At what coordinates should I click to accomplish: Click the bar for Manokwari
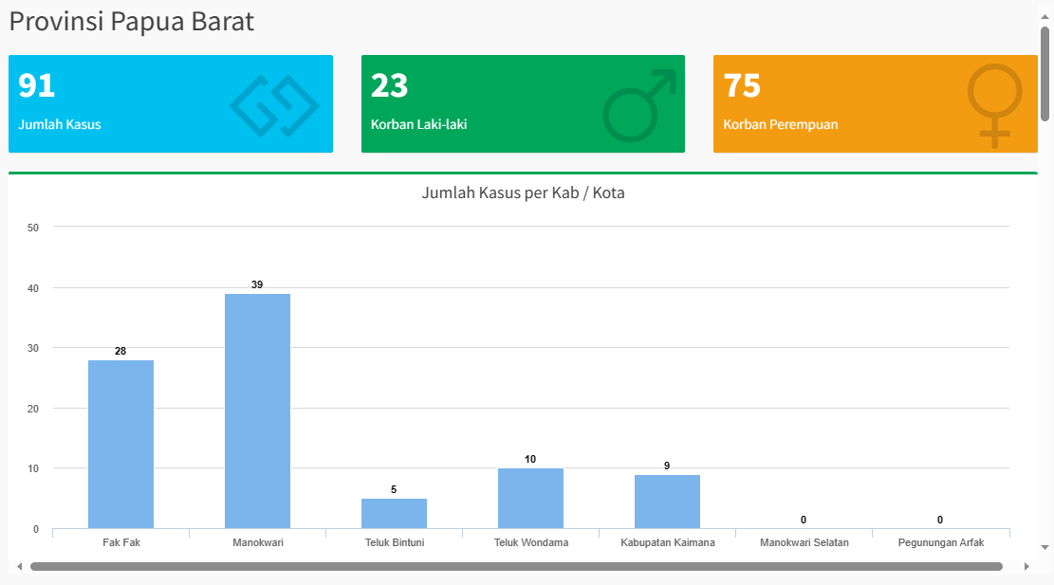pyautogui.click(x=257, y=411)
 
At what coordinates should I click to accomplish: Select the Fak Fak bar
pyautogui.click(x=120, y=444)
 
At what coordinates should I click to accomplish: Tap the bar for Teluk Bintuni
pyautogui.click(x=394, y=513)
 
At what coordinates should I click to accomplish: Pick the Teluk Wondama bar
pyautogui.click(x=530, y=498)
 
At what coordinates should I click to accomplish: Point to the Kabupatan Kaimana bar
pyautogui.click(x=667, y=502)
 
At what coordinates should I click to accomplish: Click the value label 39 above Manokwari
pyautogui.click(x=257, y=284)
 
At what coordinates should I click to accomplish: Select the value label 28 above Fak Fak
pyautogui.click(x=120, y=351)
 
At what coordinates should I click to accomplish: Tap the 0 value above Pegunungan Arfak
pyautogui.click(x=940, y=520)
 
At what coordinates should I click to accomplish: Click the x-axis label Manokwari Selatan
pyautogui.click(x=804, y=543)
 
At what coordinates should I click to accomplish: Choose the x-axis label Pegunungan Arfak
pyautogui.click(x=940, y=543)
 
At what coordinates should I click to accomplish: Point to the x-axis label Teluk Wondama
pyautogui.click(x=530, y=543)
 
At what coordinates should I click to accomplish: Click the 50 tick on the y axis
pyautogui.click(x=33, y=228)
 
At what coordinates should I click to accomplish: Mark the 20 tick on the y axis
pyautogui.click(x=33, y=409)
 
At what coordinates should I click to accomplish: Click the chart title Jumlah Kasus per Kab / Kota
pyautogui.click(x=523, y=193)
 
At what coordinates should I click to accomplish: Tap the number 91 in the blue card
pyautogui.click(x=37, y=85)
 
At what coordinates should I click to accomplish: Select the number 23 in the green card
pyautogui.click(x=389, y=85)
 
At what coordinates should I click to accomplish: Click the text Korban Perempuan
pyautogui.click(x=780, y=124)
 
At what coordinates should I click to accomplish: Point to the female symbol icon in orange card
pyautogui.click(x=994, y=104)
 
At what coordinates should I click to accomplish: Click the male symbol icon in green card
pyautogui.click(x=638, y=105)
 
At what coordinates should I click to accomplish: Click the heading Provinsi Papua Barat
pyautogui.click(x=132, y=22)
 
